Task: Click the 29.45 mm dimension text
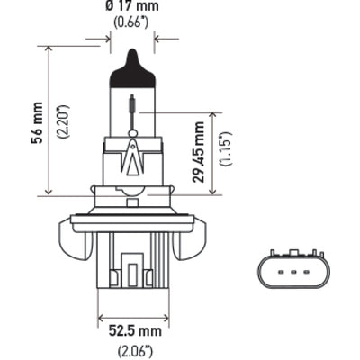[x=199, y=154]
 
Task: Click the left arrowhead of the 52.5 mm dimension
[x=99, y=318]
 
